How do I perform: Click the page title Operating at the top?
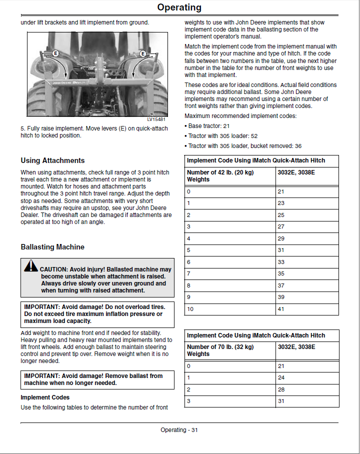[179, 7]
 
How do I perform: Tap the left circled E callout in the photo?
[55, 53]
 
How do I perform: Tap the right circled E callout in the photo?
[142, 53]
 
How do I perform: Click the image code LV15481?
[156, 119]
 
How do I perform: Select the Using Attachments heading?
[52, 160]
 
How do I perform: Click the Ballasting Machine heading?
[52, 247]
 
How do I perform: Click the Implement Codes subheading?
[45, 397]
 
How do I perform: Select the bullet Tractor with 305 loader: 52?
[223, 136]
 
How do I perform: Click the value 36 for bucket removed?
[298, 146]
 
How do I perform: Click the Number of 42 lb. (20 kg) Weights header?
[220, 175]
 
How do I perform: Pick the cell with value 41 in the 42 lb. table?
[281, 309]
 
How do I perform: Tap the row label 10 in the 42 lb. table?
[190, 309]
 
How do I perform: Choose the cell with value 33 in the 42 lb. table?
[281, 262]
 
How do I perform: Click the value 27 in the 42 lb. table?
[281, 226]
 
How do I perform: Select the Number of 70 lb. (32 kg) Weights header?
[220, 350]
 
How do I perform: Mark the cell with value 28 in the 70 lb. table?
[281, 389]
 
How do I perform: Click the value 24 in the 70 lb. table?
[281, 377]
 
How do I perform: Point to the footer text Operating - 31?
[179, 430]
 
